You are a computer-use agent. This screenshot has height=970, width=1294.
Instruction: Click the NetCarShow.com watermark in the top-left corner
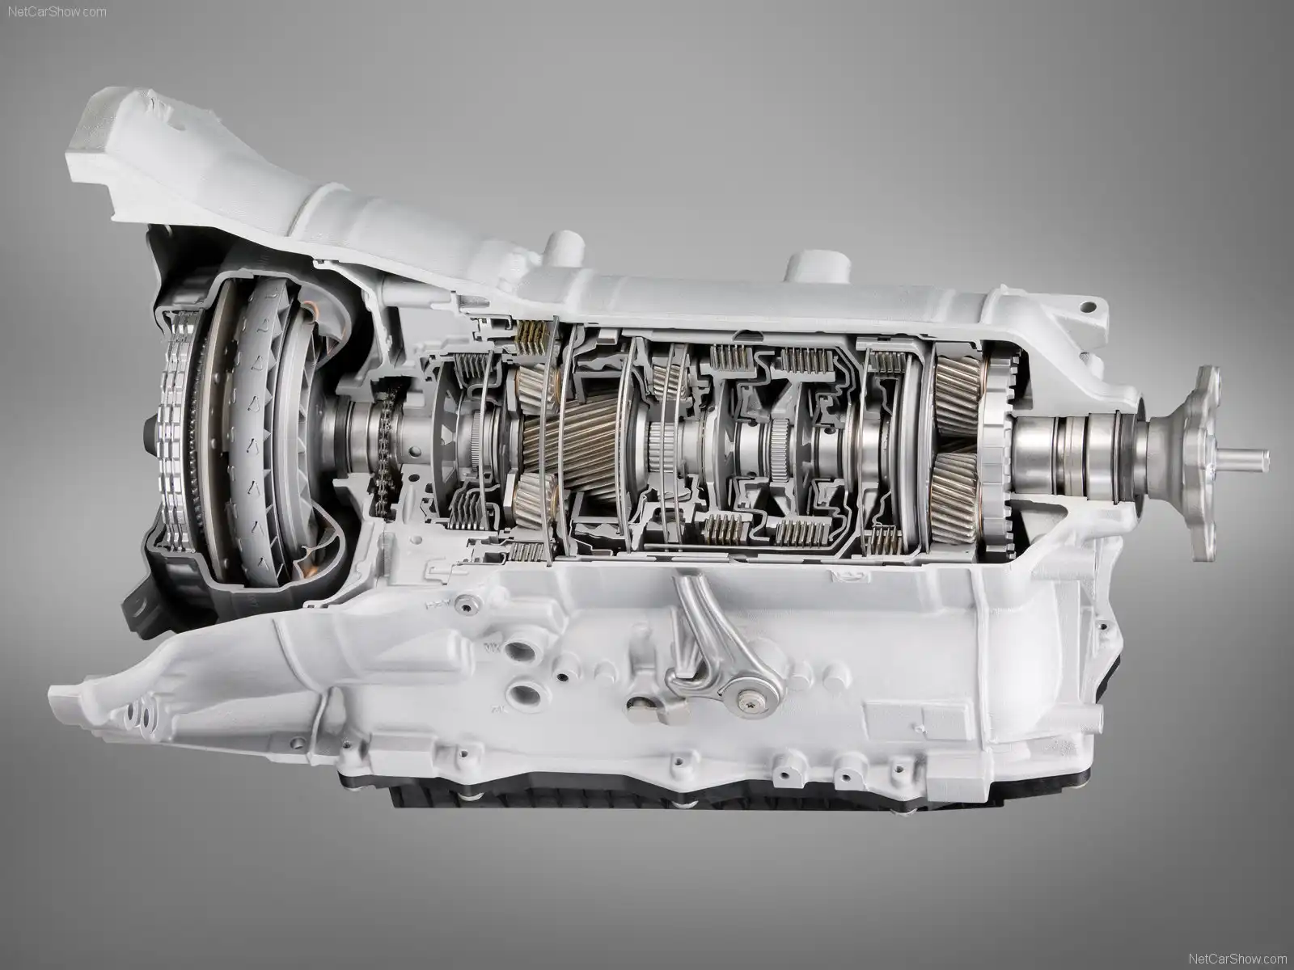[57, 12]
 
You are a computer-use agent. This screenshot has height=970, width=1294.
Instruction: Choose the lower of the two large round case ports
[526, 694]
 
